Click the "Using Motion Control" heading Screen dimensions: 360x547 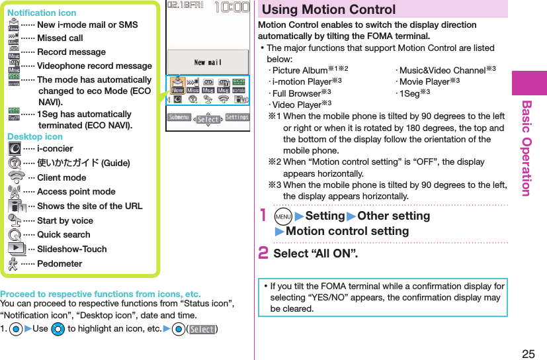(x=329, y=10)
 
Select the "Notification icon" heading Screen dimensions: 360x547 (x=42, y=13)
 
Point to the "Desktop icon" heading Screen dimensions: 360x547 (x=35, y=136)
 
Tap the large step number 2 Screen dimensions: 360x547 (x=263, y=253)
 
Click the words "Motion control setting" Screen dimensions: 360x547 (x=347, y=231)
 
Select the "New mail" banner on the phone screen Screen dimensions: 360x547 (x=208, y=63)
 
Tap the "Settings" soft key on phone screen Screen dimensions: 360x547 (x=237, y=117)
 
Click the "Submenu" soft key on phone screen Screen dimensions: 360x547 (x=179, y=117)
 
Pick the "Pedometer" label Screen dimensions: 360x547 (x=60, y=263)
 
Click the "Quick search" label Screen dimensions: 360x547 (x=63, y=234)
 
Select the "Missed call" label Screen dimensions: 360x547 (x=60, y=38)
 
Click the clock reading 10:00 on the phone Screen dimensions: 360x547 (x=231, y=8)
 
